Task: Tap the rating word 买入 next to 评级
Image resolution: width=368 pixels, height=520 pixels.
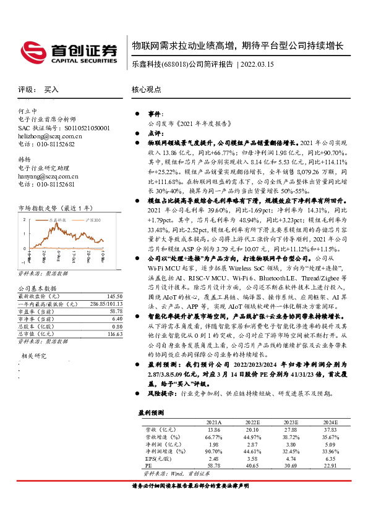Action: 51,90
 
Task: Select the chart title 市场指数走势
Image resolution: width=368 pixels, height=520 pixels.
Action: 38,209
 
